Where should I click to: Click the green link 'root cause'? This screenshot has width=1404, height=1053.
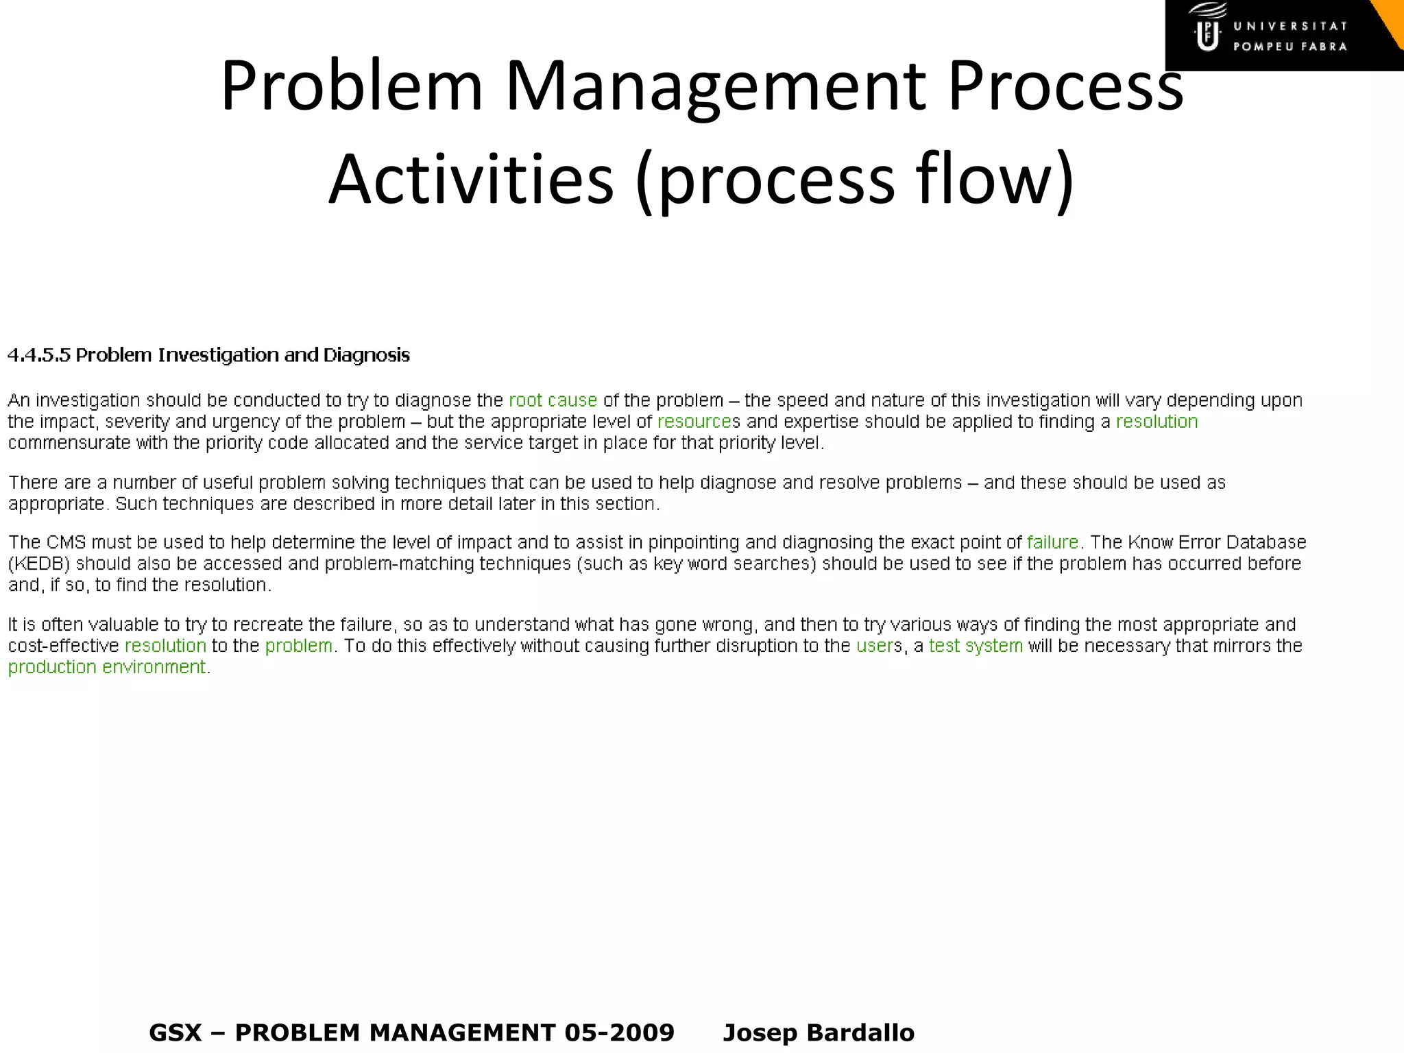[x=553, y=400]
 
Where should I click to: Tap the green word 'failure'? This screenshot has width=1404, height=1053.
[x=1052, y=542]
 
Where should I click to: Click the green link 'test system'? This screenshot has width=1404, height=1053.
[x=976, y=646]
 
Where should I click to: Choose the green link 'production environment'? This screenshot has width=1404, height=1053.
[x=107, y=667]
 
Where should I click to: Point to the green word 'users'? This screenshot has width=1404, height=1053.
[x=875, y=646]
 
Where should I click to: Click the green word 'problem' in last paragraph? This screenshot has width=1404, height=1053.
[x=298, y=646]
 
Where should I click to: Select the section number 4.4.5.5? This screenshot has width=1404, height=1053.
[x=39, y=355]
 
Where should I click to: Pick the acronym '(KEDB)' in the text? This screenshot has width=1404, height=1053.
[x=39, y=564]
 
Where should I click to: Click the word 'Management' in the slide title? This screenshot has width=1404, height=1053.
[x=715, y=86]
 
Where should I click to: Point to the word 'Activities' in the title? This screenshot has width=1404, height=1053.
[x=471, y=180]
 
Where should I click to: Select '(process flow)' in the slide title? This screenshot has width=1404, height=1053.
[x=854, y=180]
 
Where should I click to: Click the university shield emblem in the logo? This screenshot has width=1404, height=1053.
[x=1207, y=34]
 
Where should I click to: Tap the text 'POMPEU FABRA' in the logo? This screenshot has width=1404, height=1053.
[x=1290, y=47]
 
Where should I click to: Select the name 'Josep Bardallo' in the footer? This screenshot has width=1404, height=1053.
[x=819, y=1032]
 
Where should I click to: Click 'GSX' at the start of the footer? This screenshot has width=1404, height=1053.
[x=175, y=1032]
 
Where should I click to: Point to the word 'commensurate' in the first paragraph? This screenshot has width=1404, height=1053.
[x=69, y=443]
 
